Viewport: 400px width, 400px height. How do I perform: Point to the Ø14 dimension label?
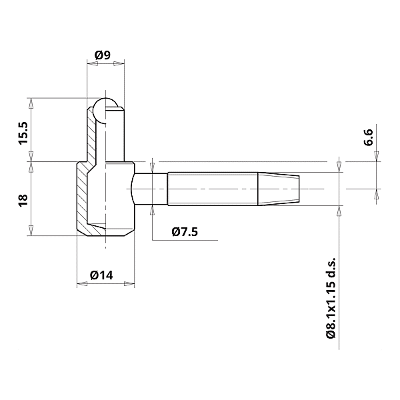103,274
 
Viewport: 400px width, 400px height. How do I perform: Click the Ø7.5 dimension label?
184,232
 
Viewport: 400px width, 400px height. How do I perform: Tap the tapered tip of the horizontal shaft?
281,189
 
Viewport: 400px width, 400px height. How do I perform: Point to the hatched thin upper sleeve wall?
90,133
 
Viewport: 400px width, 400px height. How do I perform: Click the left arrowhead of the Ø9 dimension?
91,64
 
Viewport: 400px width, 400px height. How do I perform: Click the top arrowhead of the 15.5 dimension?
31,102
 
